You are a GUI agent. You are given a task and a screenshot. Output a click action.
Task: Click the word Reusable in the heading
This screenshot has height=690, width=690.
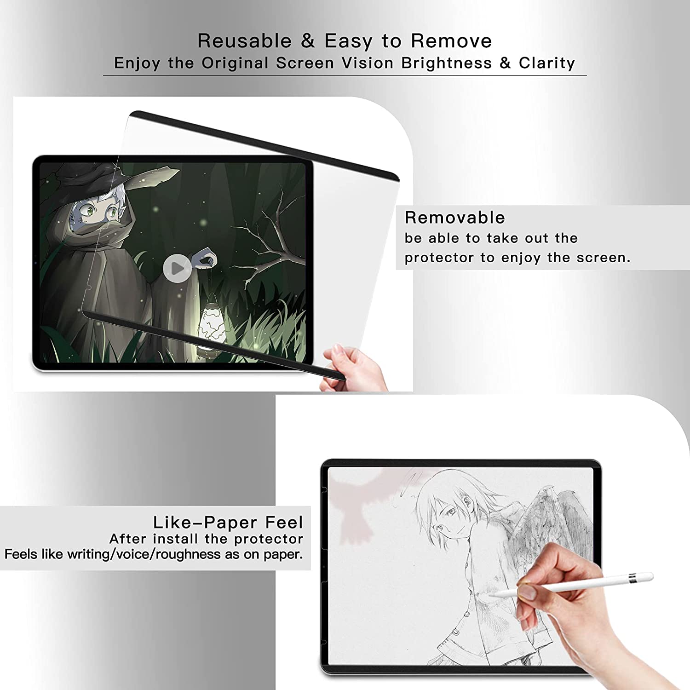[x=244, y=41]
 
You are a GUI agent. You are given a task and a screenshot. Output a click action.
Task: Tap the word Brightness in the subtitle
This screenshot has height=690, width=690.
[x=446, y=63]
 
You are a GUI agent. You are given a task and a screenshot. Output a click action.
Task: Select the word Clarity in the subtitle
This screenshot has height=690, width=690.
[x=547, y=63]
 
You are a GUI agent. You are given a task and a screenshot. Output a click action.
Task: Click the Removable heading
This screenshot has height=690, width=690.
[x=454, y=218]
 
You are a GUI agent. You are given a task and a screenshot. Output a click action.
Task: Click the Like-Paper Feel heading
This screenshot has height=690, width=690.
[x=228, y=523]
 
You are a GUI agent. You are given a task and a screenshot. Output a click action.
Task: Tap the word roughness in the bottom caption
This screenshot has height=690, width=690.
[x=189, y=554]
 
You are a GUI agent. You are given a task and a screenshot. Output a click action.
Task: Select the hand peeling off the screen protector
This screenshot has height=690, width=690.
[x=356, y=366]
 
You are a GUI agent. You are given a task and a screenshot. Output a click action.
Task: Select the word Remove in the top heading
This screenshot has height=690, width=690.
[x=451, y=41]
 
